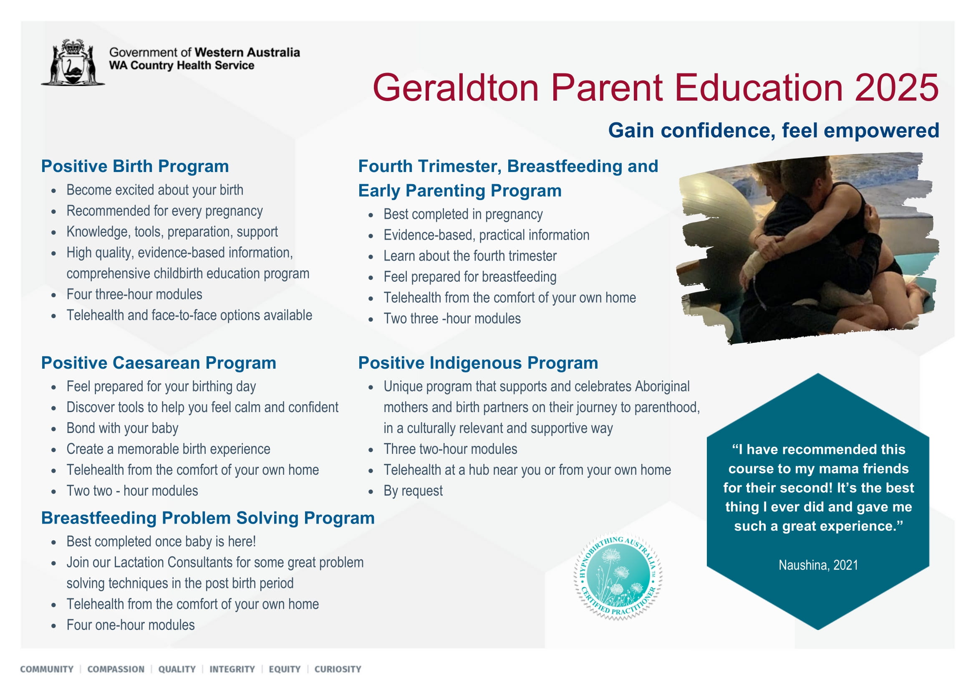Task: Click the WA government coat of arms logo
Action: (73, 63)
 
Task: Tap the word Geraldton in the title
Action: (456, 88)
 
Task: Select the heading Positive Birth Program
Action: (135, 166)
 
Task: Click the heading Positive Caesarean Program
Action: (159, 362)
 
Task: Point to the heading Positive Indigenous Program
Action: (478, 362)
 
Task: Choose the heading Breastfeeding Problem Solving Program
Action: (207, 518)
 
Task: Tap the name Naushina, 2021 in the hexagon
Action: (818, 565)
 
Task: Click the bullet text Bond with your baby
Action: (122, 428)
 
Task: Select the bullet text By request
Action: (413, 491)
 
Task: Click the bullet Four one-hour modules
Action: (130, 625)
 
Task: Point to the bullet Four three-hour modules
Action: (134, 294)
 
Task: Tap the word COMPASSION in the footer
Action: (116, 669)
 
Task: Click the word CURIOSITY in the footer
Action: (338, 669)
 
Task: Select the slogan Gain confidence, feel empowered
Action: (773, 130)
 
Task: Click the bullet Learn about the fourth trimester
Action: (469, 256)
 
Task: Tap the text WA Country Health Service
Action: (182, 66)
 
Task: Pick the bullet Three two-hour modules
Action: (450, 449)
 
